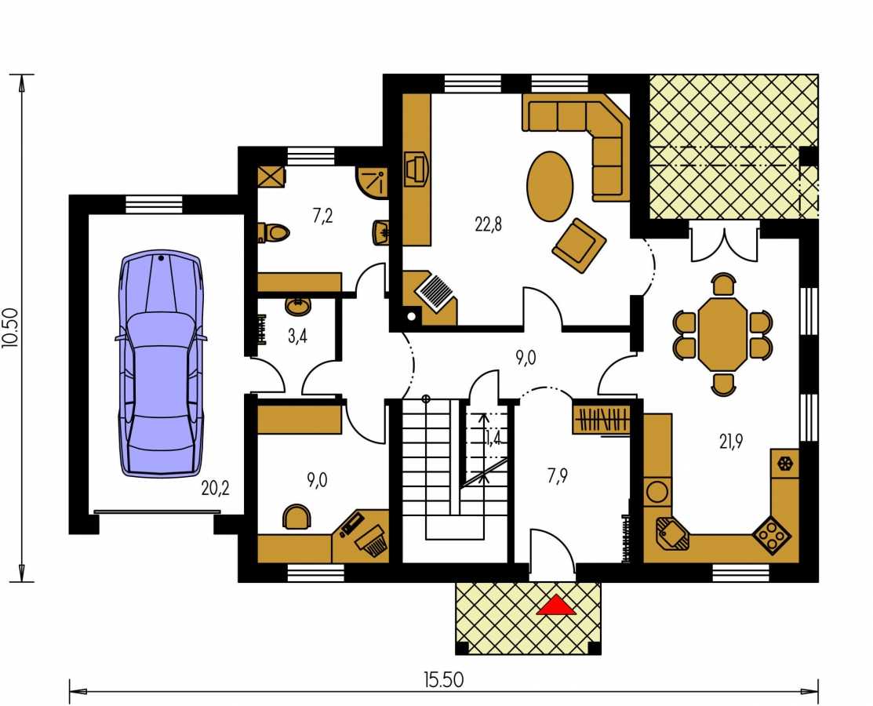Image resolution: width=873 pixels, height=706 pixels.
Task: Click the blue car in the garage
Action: (x=160, y=363)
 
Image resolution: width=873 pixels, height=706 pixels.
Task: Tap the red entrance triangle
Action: (x=555, y=606)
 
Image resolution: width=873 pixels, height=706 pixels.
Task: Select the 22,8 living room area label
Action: (x=489, y=224)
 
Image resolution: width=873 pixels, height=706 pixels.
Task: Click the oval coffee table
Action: (x=550, y=187)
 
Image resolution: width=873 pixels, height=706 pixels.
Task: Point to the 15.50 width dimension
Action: (x=443, y=680)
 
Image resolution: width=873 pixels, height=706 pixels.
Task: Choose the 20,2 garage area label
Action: (x=215, y=488)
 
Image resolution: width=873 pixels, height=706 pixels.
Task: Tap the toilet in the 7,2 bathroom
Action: (x=274, y=232)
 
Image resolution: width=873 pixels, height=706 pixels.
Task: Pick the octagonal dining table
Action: (x=722, y=334)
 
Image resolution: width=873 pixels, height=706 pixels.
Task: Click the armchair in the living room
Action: (x=579, y=246)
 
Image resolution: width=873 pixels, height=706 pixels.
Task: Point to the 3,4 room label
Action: (x=297, y=337)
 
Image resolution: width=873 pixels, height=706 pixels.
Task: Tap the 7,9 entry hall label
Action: (x=558, y=476)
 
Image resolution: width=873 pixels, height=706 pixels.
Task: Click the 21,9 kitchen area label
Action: (x=730, y=442)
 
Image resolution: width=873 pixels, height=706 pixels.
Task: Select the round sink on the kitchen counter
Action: (x=657, y=492)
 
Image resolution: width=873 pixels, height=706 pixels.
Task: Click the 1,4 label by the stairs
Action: (x=493, y=439)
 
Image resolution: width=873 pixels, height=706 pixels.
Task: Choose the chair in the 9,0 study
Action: (x=297, y=516)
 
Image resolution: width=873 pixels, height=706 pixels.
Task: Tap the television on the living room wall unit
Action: (x=416, y=168)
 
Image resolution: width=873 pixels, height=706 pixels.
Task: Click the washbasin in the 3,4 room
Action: (x=298, y=305)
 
